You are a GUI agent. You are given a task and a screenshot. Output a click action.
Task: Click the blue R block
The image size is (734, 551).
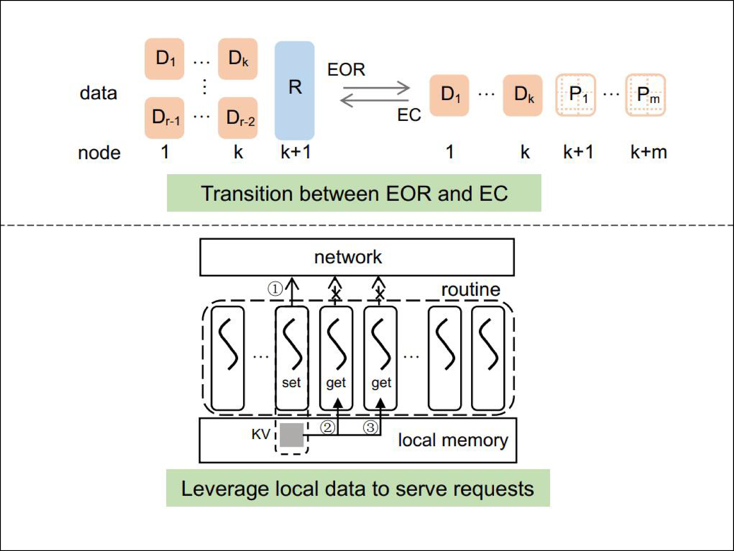294,90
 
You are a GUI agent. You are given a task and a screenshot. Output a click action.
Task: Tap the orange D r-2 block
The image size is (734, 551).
238,118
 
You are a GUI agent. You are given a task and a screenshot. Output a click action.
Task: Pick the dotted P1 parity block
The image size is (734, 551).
576,95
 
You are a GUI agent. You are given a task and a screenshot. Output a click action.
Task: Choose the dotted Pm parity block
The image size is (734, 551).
646,95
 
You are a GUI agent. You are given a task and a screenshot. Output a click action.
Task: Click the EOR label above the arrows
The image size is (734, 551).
346,70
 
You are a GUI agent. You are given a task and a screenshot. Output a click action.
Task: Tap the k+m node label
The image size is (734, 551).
648,152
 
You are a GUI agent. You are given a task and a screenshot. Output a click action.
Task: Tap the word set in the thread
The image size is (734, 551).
291,383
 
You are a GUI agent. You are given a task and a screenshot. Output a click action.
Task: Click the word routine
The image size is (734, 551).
470,290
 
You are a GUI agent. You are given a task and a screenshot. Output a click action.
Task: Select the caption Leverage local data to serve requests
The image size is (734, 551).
358,488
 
